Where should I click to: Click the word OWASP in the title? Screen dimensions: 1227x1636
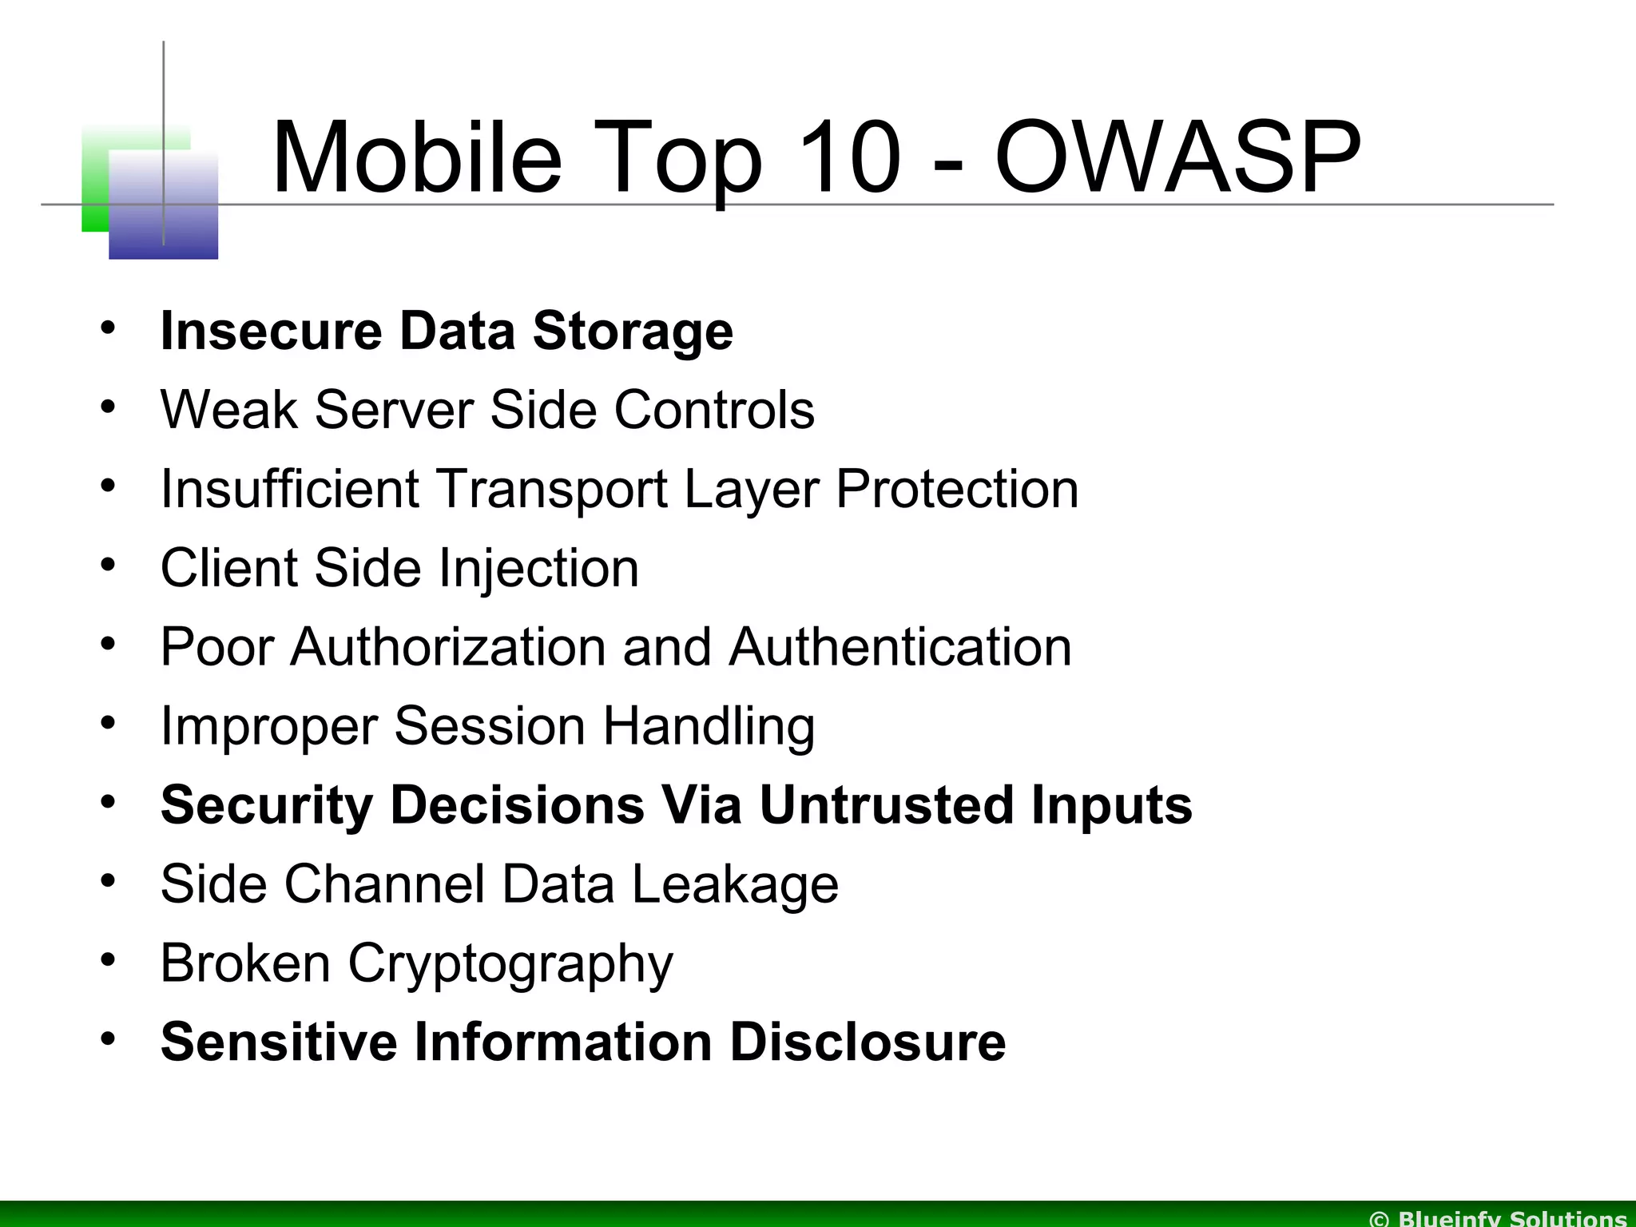click(1177, 157)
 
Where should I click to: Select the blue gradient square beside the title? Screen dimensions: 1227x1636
click(164, 206)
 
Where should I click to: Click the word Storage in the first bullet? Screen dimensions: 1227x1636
click(632, 331)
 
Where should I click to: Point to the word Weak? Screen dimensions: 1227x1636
click(228, 410)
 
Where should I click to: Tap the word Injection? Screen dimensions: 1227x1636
click(540, 568)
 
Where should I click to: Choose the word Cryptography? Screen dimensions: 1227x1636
click(510, 963)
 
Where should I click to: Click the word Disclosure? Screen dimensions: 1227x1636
click(868, 1042)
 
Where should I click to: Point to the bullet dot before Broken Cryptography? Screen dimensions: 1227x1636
click(109, 958)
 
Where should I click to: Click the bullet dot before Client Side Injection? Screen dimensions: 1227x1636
click(109, 563)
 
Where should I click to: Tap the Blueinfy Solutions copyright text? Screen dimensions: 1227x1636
click(1499, 1218)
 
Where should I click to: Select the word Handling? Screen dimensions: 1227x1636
click(708, 725)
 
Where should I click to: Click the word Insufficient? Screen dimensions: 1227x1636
click(290, 488)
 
